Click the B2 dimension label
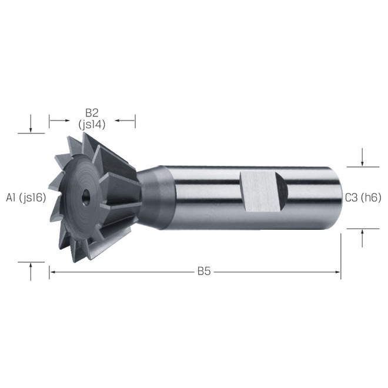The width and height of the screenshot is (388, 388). point(92,113)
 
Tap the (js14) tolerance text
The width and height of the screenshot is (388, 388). point(92,125)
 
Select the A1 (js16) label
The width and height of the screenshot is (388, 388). point(26,198)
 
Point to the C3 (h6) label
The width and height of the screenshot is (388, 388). point(363,198)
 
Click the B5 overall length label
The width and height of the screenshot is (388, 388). point(204,272)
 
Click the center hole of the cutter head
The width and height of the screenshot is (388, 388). point(86,197)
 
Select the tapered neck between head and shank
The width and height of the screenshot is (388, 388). point(151,197)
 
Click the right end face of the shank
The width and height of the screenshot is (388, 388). point(339,198)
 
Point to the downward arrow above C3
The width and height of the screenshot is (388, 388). point(362,157)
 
